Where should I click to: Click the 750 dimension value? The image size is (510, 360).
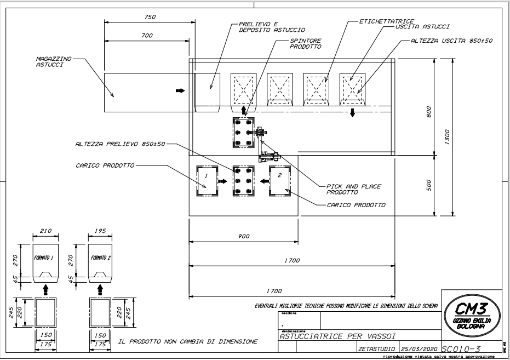click(x=150, y=17)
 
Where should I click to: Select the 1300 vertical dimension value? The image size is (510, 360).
click(x=447, y=135)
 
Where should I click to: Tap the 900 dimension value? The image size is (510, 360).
click(x=244, y=236)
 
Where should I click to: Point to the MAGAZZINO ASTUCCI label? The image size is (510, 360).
click(x=50, y=61)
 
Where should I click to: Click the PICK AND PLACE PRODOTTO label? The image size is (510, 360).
click(x=353, y=189)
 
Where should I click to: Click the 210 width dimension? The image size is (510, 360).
click(x=45, y=231)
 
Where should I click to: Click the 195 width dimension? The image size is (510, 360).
click(x=100, y=231)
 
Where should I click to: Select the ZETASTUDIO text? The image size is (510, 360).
click(x=377, y=348)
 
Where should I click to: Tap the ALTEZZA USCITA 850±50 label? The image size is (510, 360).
click(x=451, y=41)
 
